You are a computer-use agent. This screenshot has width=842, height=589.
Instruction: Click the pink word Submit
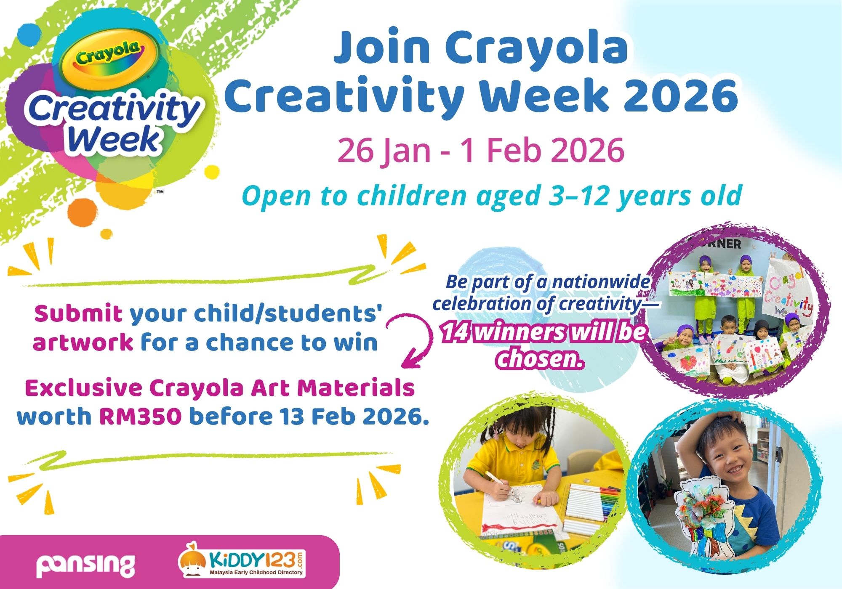(x=78, y=314)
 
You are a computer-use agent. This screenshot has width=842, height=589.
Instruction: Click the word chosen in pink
(x=541, y=358)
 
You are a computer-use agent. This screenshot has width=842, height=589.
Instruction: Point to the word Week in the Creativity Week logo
(x=114, y=140)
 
